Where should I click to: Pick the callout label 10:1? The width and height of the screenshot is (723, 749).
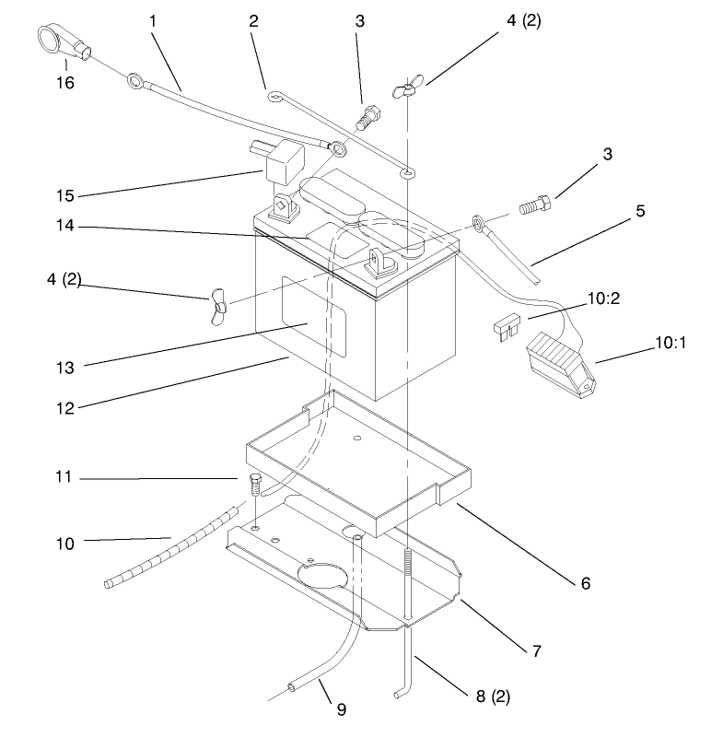[671, 343]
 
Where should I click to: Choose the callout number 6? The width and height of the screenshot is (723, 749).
[585, 583]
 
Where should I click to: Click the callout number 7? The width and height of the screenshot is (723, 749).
[536, 651]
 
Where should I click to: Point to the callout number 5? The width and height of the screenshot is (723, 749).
[639, 210]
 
